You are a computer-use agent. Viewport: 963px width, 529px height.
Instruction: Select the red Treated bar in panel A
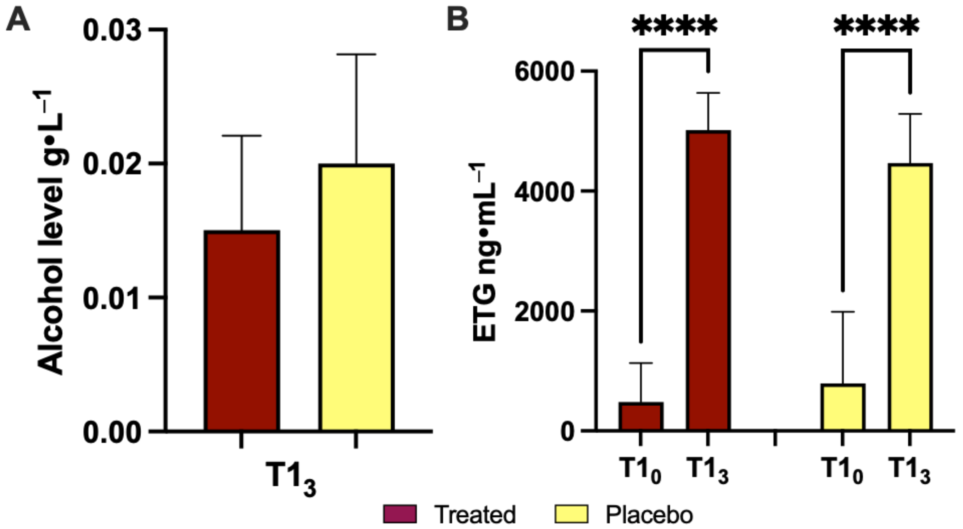point(242,331)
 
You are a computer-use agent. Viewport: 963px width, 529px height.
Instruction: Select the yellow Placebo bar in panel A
point(356,297)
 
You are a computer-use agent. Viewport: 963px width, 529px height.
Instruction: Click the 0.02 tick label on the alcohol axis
point(112,164)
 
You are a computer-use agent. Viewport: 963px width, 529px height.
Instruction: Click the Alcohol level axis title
point(52,232)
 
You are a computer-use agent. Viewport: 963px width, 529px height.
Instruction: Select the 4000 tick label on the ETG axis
point(544,191)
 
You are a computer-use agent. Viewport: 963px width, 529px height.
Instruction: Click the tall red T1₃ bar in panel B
point(708,280)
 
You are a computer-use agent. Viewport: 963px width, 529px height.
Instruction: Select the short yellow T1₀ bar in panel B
point(843,408)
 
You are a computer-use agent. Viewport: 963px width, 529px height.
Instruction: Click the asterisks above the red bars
point(675,26)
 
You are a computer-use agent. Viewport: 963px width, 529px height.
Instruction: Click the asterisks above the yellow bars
point(876,26)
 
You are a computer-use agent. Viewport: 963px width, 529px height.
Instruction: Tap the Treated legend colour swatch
point(400,514)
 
